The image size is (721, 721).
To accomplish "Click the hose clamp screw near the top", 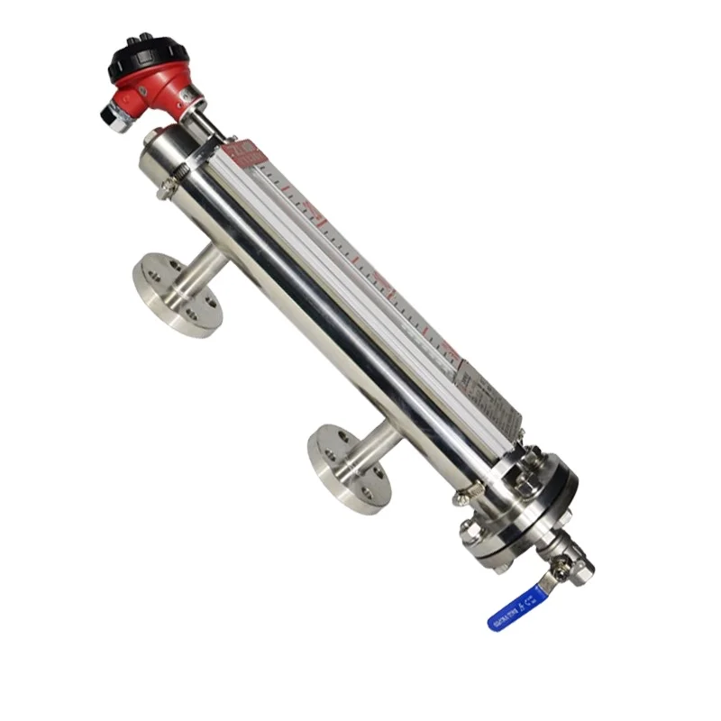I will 166,190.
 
